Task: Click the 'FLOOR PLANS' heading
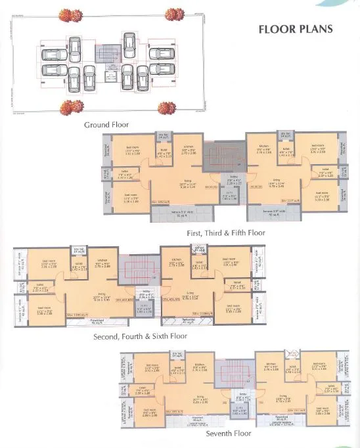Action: click(296, 29)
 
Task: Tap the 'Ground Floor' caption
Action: click(106, 124)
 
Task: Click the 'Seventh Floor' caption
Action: click(225, 435)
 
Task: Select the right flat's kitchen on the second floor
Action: click(177, 263)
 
